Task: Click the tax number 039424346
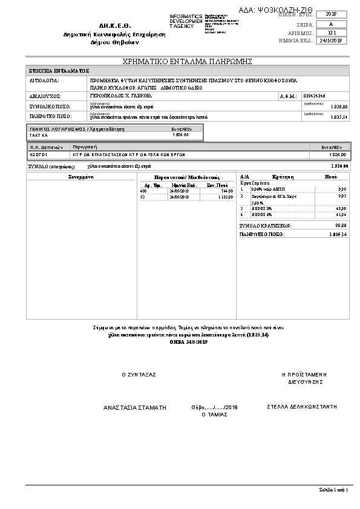315,96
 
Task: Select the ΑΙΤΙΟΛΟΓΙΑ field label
44,80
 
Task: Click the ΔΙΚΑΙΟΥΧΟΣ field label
44,96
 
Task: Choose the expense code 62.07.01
38,155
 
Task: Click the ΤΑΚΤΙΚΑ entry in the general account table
38,135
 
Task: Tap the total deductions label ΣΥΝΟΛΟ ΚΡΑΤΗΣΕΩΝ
265,226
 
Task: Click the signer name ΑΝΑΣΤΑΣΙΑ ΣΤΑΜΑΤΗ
134,408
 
